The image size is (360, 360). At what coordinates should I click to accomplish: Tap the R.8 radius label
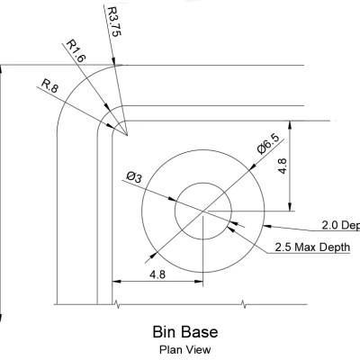click(x=49, y=87)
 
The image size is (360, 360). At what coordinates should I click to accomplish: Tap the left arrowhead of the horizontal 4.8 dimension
click(x=115, y=283)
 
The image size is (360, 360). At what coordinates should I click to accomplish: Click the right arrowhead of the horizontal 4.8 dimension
click(x=200, y=283)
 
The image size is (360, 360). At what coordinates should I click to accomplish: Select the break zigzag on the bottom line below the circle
click(x=243, y=303)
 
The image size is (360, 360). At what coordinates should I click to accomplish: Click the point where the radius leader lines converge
click(x=127, y=137)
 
